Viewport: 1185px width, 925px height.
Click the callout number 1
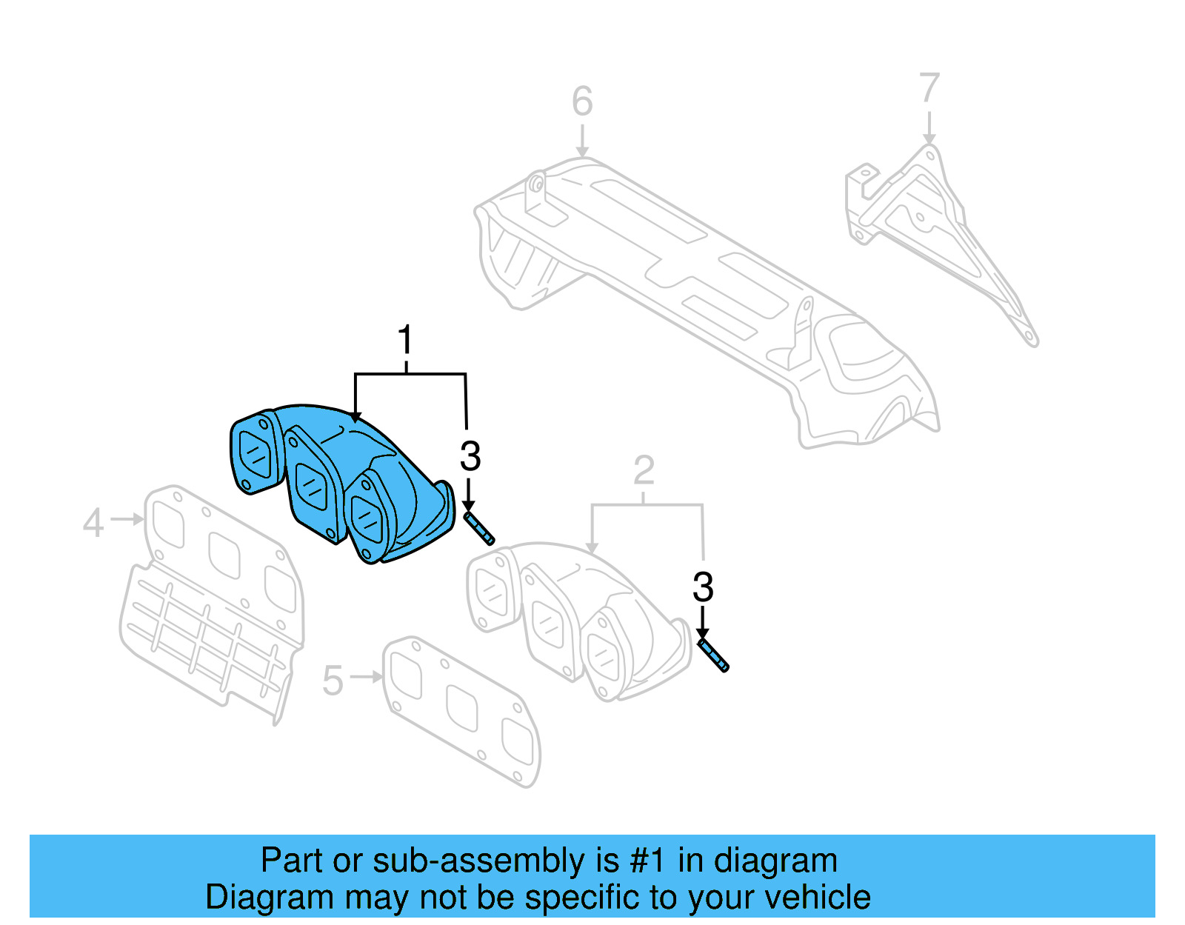pos(404,341)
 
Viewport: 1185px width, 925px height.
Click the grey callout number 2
pos(644,470)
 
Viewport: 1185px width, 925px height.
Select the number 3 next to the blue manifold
pos(470,456)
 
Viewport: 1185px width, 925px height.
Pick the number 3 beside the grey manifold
pos(702,587)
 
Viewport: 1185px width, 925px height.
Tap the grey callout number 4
pos(93,523)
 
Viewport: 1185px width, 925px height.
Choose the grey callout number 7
pos(929,88)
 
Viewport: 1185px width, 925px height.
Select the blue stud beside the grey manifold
pos(713,655)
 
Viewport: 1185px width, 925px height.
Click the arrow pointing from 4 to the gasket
pos(127,520)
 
